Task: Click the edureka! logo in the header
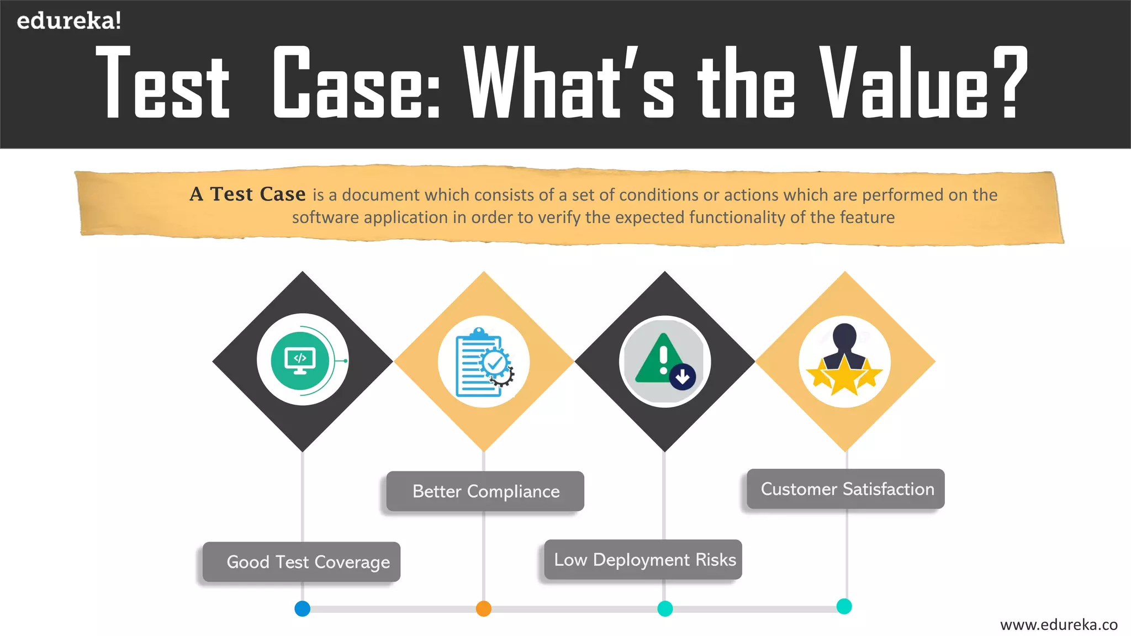tap(68, 21)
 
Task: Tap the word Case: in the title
tap(356, 83)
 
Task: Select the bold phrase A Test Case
tap(247, 194)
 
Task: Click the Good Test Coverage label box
tap(302, 562)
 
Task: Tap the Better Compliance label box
tap(485, 491)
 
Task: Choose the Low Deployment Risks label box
tap(643, 560)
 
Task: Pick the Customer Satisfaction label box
tap(846, 489)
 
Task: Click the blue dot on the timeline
tap(303, 609)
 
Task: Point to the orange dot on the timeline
tap(484, 609)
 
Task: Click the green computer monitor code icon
tap(300, 361)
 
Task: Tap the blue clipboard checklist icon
tap(478, 363)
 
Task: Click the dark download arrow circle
tap(683, 378)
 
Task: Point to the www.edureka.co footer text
tap(1059, 625)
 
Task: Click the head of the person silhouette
tap(844, 335)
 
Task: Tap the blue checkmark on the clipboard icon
tap(495, 363)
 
